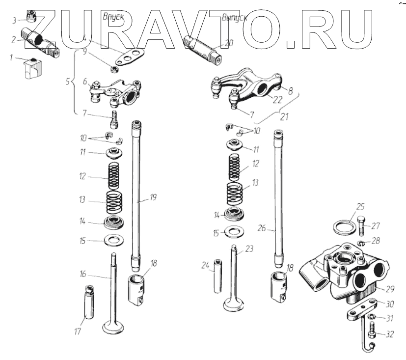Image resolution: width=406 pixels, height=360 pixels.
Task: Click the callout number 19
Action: click(153, 198)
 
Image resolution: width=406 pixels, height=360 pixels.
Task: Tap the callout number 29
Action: click(390, 289)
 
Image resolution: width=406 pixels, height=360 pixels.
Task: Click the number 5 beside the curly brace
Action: click(68, 81)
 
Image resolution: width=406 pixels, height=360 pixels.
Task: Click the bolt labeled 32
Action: click(373, 334)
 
